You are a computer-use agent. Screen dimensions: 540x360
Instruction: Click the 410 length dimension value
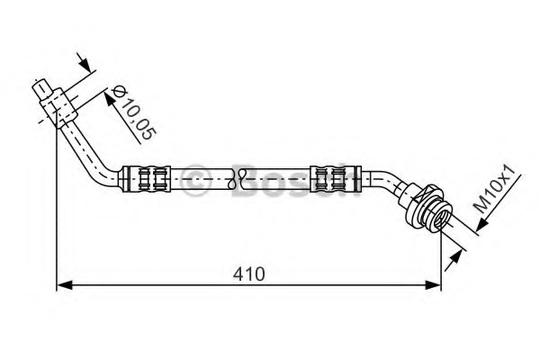click(x=249, y=274)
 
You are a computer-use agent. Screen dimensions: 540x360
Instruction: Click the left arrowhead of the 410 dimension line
click(x=65, y=285)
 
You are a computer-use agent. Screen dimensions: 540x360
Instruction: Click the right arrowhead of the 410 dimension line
click(x=433, y=285)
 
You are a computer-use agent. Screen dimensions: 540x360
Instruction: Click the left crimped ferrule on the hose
click(x=147, y=179)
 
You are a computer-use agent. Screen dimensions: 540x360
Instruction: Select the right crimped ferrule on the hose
click(x=336, y=179)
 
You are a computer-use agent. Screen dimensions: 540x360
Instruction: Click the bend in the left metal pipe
click(x=103, y=172)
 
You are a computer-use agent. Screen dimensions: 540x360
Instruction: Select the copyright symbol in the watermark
click(x=194, y=180)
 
